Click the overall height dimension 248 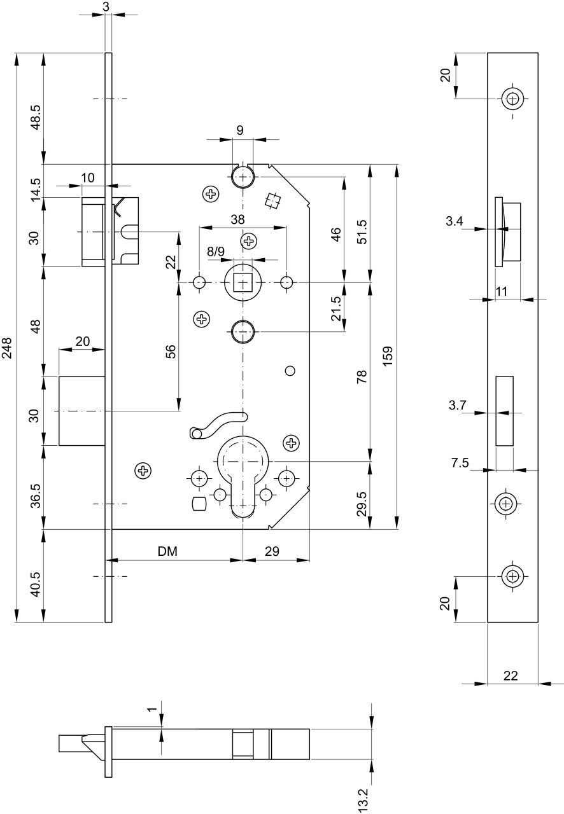pos(7,348)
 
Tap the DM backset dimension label pos(167,551)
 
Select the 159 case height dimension pos(388,355)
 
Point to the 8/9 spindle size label pos(216,251)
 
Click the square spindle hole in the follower pos(243,282)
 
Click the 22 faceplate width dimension pos(511,675)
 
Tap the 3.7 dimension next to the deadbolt pos(457,405)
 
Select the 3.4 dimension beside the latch pos(454,221)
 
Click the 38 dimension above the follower pos(237,219)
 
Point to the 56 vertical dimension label pos(171,351)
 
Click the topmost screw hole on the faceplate pos(513,99)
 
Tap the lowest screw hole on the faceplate pos(513,576)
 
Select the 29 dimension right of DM pos(272,551)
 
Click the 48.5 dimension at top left pos(36,117)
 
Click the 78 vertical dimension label pos(362,377)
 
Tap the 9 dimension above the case pos(240,130)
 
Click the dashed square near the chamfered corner pos(272,201)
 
